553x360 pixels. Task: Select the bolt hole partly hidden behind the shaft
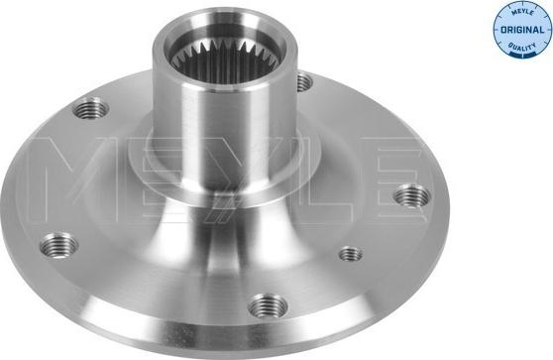click(x=301, y=82)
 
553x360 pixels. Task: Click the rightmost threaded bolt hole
click(x=409, y=197)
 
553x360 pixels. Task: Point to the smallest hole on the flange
click(x=350, y=254)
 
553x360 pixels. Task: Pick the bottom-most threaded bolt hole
click(x=268, y=305)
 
